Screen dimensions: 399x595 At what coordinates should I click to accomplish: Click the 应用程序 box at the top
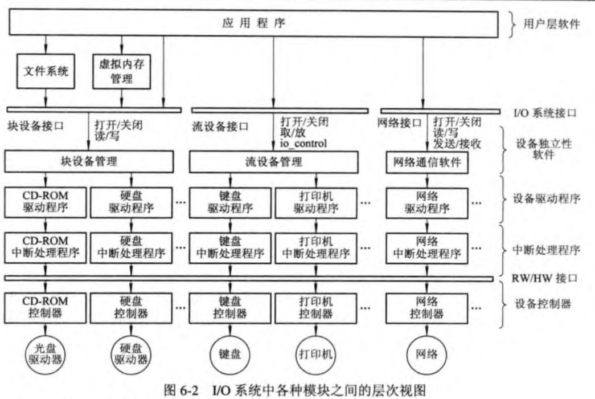click(x=253, y=24)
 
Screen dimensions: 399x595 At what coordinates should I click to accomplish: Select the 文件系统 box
click(x=46, y=71)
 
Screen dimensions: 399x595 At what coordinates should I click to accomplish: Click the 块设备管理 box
click(x=89, y=161)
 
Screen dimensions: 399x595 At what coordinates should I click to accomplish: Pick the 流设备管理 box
click(x=274, y=161)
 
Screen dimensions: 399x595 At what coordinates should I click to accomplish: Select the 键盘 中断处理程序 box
click(x=230, y=246)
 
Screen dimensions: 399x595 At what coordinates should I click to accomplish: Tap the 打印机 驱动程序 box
click(x=316, y=201)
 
